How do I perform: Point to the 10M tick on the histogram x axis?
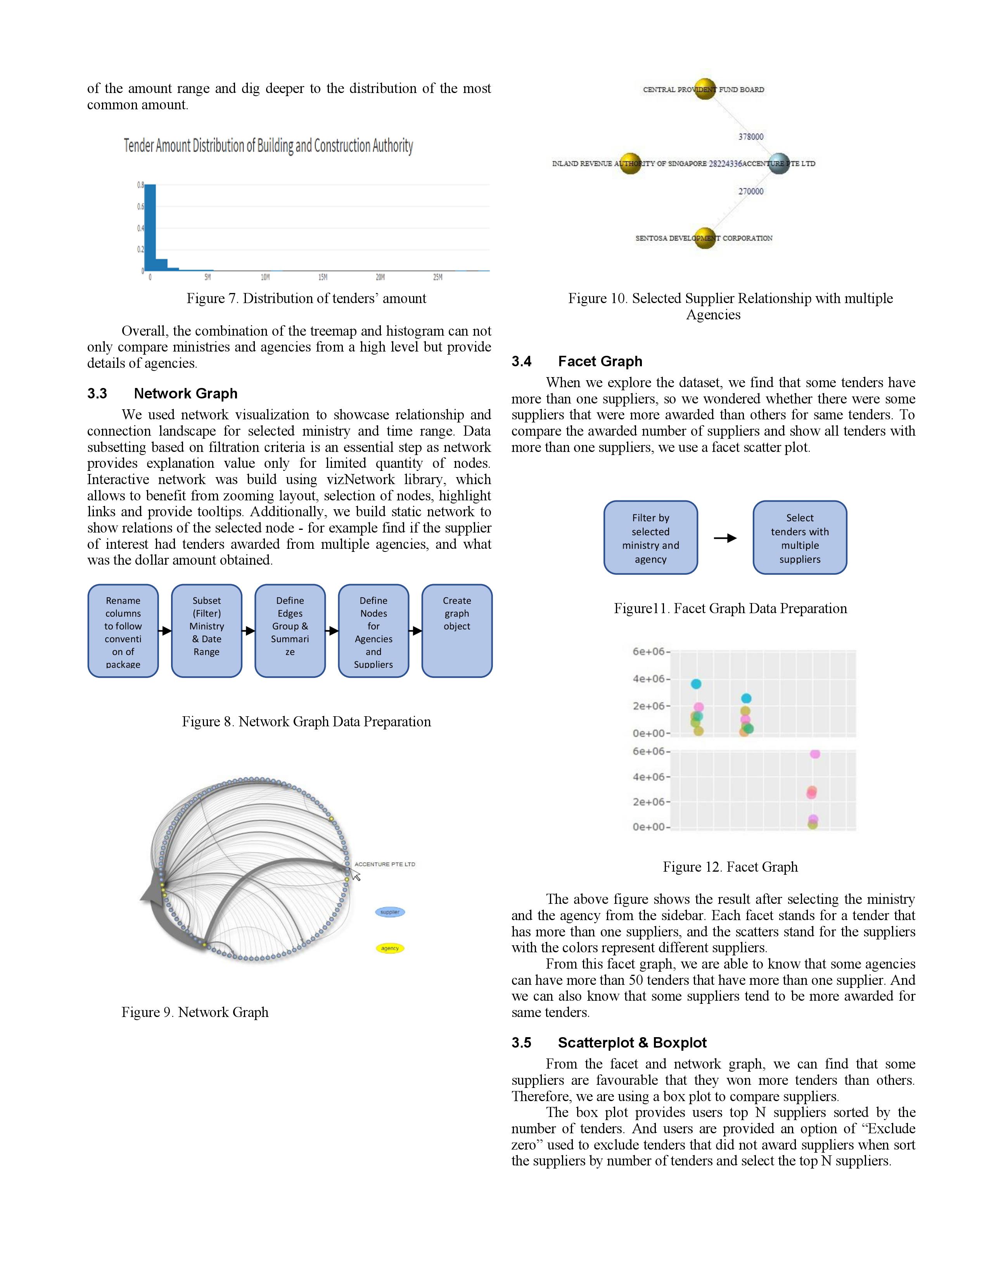(x=265, y=277)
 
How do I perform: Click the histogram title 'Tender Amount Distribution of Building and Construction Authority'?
(x=268, y=146)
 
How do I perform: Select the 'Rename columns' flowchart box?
(x=123, y=631)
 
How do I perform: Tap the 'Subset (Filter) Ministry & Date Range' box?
(x=206, y=631)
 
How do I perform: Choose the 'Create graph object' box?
(x=456, y=631)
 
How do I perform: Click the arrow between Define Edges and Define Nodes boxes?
(x=332, y=631)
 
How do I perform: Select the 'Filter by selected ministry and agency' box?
(x=650, y=538)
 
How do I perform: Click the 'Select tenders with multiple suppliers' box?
(x=799, y=538)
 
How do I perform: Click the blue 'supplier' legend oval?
(x=390, y=912)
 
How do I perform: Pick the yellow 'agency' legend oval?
(x=390, y=948)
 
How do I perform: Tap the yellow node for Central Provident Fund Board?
(x=705, y=89)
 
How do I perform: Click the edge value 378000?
(x=750, y=136)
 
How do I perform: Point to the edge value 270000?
(x=750, y=191)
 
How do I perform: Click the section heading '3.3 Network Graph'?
(x=162, y=393)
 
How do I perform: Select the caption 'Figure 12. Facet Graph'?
(x=730, y=867)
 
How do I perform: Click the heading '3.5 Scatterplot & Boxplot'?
(x=609, y=1043)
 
